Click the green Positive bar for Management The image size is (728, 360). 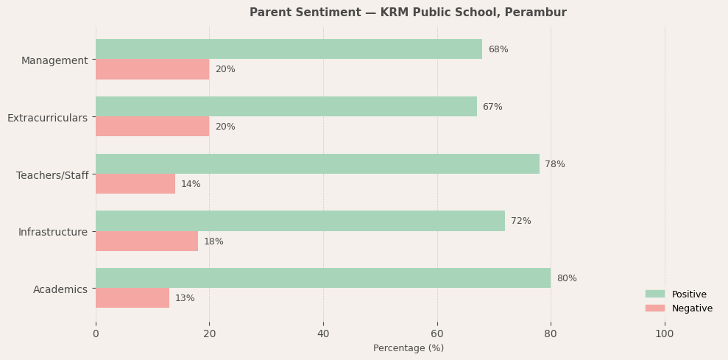click(289, 49)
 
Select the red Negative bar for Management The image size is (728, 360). click(152, 69)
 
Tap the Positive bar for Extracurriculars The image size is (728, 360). click(286, 107)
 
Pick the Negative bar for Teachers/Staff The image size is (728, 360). click(135, 184)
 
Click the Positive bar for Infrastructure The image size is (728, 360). click(300, 221)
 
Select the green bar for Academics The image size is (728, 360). click(322, 278)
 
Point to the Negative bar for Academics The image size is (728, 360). click(132, 298)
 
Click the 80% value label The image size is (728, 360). click(567, 278)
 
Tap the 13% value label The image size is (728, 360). click(185, 298)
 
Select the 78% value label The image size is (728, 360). click(555, 164)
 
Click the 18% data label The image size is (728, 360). click(213, 241)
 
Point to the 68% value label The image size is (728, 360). click(498, 49)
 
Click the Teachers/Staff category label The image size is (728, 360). click(52, 175)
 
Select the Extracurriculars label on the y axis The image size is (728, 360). click(47, 118)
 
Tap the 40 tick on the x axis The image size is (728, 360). click(323, 333)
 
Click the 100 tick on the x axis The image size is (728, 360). click(665, 333)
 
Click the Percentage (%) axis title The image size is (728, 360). click(409, 348)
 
